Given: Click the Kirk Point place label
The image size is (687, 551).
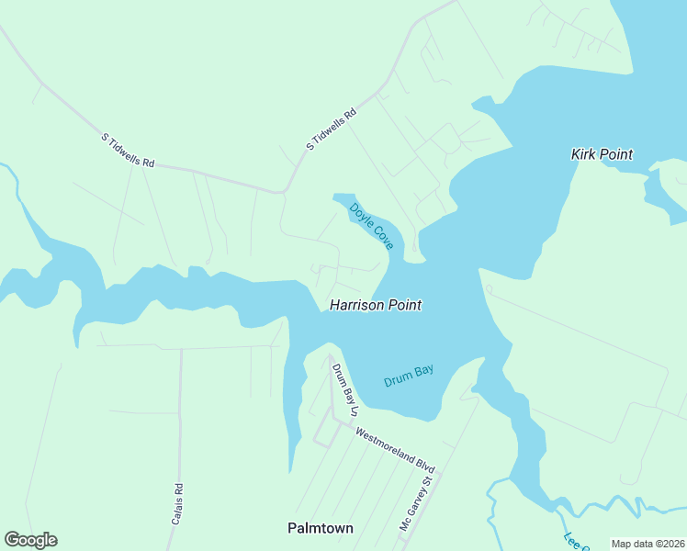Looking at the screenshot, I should (x=602, y=154).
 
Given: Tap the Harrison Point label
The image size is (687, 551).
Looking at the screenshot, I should (x=376, y=305).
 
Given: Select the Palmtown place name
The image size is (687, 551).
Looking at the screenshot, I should (x=321, y=528).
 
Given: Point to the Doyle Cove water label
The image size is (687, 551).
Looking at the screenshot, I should (x=372, y=226).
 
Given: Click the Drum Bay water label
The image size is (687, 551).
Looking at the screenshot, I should (x=408, y=376).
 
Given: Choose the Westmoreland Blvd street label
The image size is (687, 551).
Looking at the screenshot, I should (x=396, y=451).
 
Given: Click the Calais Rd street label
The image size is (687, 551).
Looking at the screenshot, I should (x=178, y=504).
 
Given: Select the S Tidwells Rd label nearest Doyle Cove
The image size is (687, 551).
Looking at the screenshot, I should (x=331, y=130).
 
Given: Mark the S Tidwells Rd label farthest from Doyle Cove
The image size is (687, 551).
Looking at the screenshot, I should (x=128, y=151).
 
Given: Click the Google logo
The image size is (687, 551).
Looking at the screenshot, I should (x=30, y=540).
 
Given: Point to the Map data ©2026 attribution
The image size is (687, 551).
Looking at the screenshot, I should (x=648, y=544).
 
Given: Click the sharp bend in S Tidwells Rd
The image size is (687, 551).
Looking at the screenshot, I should (x=284, y=192).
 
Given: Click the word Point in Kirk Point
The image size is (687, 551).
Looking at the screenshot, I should (x=615, y=154).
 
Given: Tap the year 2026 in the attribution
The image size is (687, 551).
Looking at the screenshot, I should (x=673, y=544).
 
